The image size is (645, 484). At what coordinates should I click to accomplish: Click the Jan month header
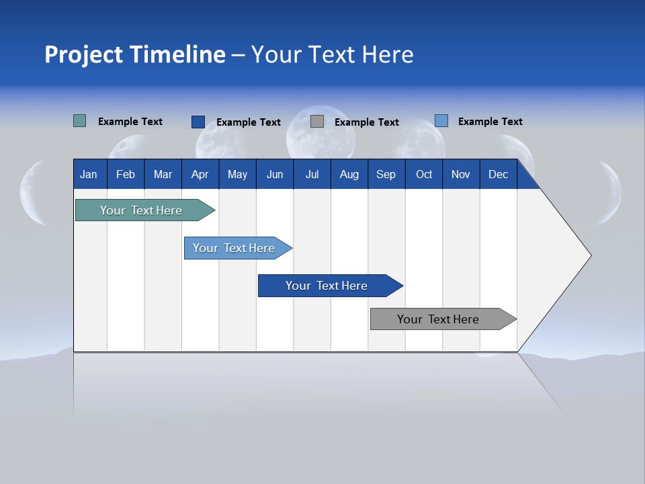point(89,174)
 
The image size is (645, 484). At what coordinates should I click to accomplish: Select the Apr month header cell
point(200,174)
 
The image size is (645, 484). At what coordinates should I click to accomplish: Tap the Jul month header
point(312,174)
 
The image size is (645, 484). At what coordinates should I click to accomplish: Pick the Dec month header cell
point(498,174)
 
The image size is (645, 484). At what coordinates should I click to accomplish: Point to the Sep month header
point(386,174)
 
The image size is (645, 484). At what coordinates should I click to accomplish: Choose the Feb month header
point(126,174)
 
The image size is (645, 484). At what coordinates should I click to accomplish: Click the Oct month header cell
point(424,174)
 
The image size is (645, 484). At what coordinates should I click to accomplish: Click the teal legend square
point(79,121)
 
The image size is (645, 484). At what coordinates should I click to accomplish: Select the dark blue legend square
point(198,122)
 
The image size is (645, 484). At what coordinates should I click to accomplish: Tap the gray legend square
point(317,122)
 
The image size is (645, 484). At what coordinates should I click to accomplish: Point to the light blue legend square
point(441,121)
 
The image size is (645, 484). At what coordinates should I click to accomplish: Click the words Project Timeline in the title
point(135,54)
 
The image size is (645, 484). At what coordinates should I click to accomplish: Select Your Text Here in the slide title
point(333,54)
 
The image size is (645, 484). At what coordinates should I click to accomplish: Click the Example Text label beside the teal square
point(130,122)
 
